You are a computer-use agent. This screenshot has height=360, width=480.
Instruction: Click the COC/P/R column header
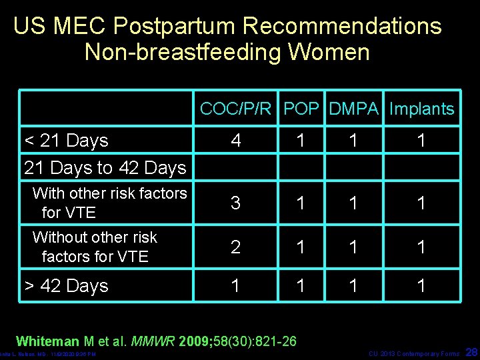pos(236,109)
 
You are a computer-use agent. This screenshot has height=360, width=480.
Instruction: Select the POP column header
pos(301,109)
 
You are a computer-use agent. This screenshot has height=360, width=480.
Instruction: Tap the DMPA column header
pos(354,109)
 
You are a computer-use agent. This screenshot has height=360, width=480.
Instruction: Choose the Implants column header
pos(421,109)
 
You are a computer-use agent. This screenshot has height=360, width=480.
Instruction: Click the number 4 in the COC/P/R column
pos(235,141)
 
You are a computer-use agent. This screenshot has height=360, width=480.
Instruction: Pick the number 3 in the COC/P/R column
pos(235,203)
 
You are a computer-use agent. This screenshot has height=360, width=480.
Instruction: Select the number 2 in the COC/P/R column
pos(235,247)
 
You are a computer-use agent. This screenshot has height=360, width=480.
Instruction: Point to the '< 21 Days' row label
pos(66,141)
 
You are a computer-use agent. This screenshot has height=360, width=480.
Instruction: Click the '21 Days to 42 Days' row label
pos(105,167)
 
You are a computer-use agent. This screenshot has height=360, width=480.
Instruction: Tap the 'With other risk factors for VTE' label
pos(109,203)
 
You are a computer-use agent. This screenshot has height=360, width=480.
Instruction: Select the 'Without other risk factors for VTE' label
pos(95,247)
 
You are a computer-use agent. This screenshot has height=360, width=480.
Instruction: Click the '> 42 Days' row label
pos(66,286)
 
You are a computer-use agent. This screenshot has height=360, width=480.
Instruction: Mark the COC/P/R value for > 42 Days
pos(235,286)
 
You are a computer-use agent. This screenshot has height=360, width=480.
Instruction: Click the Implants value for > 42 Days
pos(421,286)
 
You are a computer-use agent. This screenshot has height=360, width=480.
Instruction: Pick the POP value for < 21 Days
pos(301,141)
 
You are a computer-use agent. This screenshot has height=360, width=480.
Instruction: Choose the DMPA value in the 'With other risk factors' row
pos(354,203)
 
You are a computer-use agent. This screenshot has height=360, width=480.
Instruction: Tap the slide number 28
pos(471,351)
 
